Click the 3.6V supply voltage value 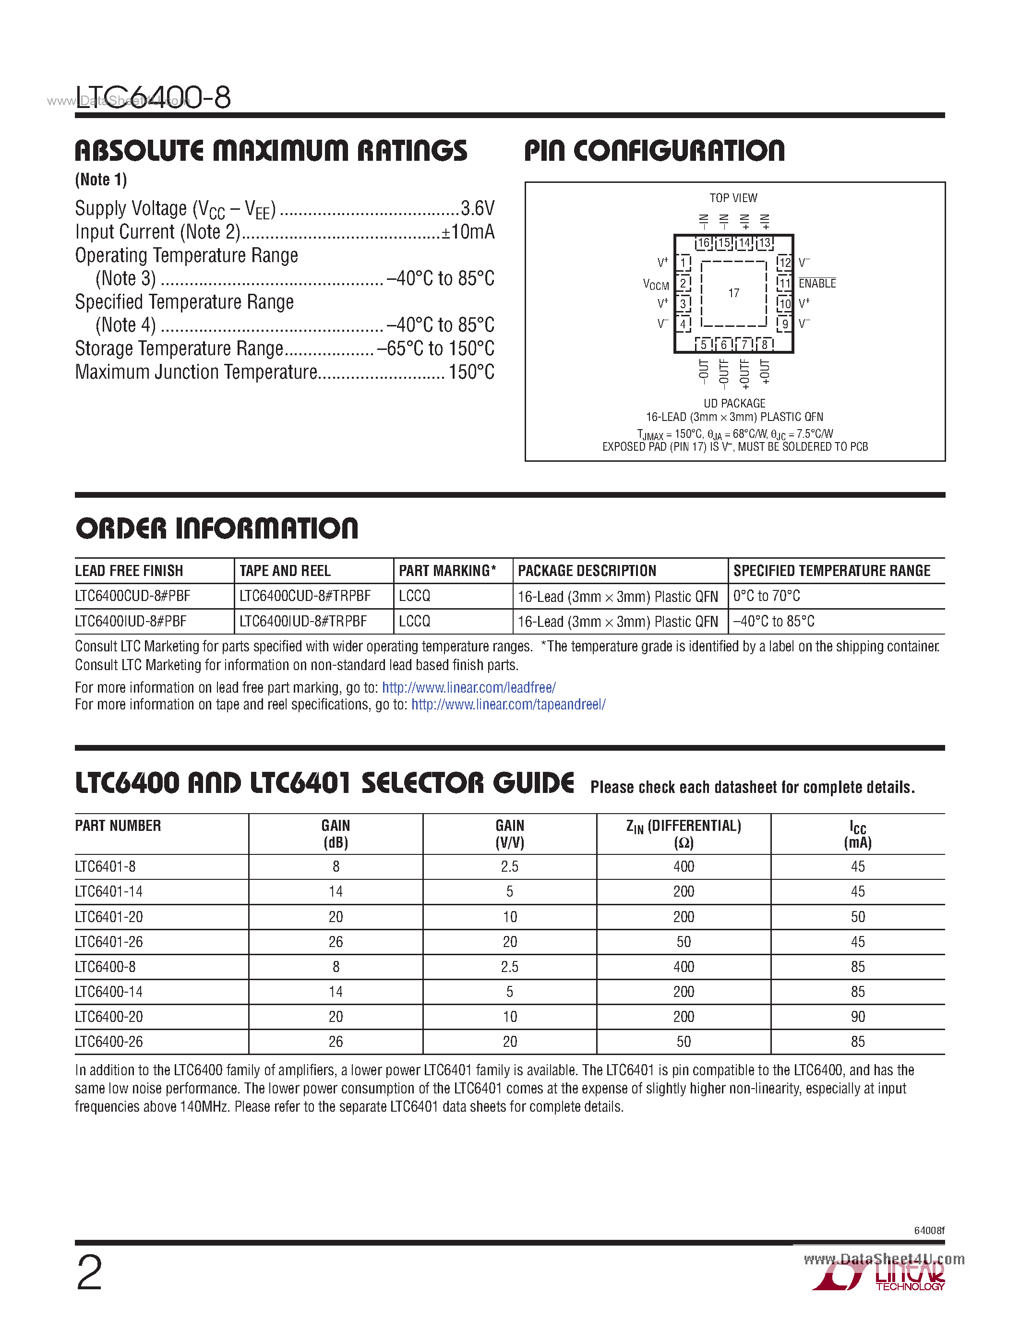point(478,208)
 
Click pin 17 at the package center point(733,293)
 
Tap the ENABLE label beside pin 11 point(817,284)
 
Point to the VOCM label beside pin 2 point(656,284)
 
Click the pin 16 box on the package point(703,243)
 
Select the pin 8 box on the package point(764,345)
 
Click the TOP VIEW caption point(733,198)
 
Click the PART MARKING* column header point(447,571)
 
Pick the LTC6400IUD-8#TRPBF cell point(303,621)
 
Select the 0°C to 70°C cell point(766,596)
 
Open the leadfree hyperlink point(469,688)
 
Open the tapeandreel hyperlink point(508,705)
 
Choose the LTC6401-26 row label point(109,942)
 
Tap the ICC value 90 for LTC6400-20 point(857,1017)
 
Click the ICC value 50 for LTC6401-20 point(857,917)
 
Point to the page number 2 point(89,1272)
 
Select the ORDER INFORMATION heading point(216,528)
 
